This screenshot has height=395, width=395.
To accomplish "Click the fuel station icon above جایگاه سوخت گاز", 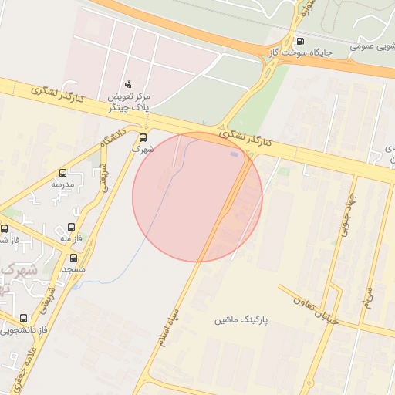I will tap(300, 41).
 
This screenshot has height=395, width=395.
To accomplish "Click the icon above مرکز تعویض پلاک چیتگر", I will tap(128, 83).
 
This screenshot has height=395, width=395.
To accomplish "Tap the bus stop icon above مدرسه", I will tap(62, 174).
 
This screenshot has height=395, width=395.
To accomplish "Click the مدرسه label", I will tap(62, 184).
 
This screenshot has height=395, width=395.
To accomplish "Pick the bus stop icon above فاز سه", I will tap(72, 228).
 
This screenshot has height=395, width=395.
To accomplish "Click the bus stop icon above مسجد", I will tap(73, 258).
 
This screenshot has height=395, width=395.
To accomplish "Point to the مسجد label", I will tap(74, 269).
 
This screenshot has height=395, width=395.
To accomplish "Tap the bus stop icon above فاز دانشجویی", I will tap(23, 318).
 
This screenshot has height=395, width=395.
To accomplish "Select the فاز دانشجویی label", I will tap(24, 329).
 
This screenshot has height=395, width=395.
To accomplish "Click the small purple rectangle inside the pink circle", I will tap(234, 154).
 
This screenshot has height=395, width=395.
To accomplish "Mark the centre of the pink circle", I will tap(197, 197).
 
